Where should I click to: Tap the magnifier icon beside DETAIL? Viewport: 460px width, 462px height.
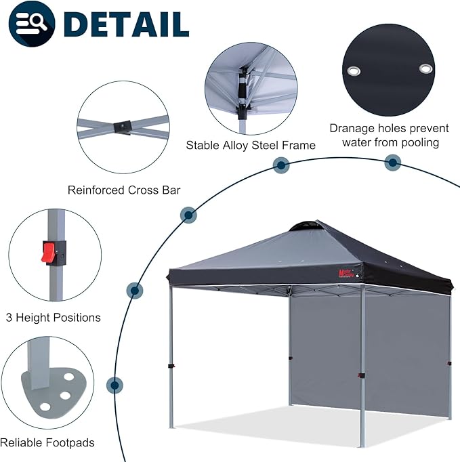33,24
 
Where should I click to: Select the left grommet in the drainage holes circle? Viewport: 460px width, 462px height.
354,70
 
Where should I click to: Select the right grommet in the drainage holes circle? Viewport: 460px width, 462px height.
425,68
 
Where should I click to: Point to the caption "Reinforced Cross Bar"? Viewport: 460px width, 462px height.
124,190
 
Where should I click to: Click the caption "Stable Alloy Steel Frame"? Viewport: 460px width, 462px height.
251,146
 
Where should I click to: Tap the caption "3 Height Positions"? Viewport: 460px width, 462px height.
53,317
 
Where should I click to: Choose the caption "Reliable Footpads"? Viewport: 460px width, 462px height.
47,443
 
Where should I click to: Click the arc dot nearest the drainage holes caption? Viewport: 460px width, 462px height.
392,163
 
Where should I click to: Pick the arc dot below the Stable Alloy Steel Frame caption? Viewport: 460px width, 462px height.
280,165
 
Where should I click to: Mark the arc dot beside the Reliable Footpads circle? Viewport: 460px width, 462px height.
116,385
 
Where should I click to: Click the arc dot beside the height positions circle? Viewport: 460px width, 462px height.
135,291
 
